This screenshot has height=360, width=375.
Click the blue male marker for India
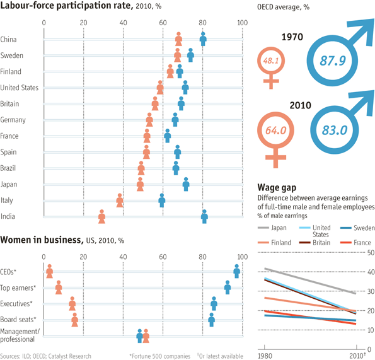tap(204, 218)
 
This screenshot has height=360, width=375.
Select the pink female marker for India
tap(102, 218)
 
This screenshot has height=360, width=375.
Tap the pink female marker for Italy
tap(120, 201)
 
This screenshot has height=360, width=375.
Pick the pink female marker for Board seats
tap(75, 320)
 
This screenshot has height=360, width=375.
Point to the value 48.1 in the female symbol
tap(272, 62)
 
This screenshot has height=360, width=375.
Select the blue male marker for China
tap(203, 39)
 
